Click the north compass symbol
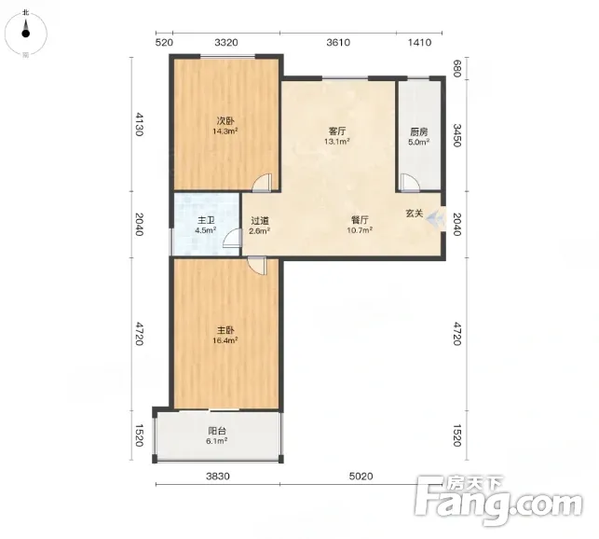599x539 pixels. pyautogui.click(x=25, y=33)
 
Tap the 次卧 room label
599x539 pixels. pyautogui.click(x=225, y=121)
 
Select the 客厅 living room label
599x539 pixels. pyautogui.click(x=337, y=131)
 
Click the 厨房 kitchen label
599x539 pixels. pyautogui.click(x=418, y=132)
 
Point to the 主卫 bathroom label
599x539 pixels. pyautogui.click(x=206, y=220)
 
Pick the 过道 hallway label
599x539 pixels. pyautogui.click(x=260, y=221)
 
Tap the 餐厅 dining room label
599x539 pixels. pyautogui.click(x=360, y=220)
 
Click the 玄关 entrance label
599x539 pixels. pyautogui.click(x=415, y=213)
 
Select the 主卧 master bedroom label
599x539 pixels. pyautogui.click(x=225, y=330)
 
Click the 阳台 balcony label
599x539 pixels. pyautogui.click(x=217, y=431)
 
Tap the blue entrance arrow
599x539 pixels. pyautogui.click(x=436, y=219)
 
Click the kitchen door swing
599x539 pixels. pyautogui.click(x=409, y=183)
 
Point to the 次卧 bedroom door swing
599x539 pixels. pyautogui.click(x=262, y=183)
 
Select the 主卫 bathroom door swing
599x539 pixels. pyautogui.click(x=232, y=239)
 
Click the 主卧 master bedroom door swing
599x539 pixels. pyautogui.click(x=257, y=266)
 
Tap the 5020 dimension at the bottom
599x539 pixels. pyautogui.click(x=361, y=477)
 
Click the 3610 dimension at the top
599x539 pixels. pyautogui.click(x=338, y=42)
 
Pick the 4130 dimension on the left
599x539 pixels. pyautogui.click(x=139, y=124)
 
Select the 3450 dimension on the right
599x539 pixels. pyautogui.click(x=456, y=135)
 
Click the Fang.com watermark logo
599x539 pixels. pyautogui.click(x=498, y=498)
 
